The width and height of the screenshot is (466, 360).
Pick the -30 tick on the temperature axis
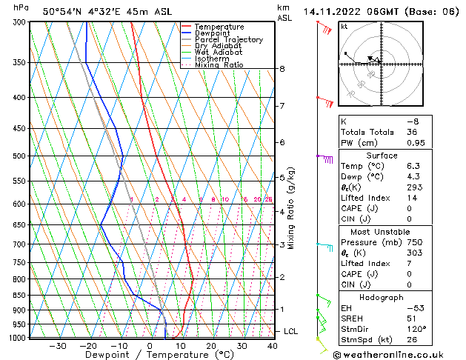coord(58,346)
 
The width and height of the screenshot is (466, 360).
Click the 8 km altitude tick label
coord(282,69)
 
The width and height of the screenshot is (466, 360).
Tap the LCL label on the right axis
coord(290,331)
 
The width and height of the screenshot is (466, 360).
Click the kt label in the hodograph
coord(344,27)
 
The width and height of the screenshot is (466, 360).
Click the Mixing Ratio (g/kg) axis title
coord(292,208)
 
